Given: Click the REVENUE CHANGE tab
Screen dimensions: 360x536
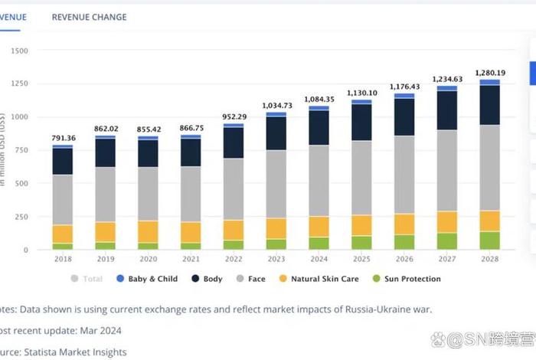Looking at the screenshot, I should (89, 17).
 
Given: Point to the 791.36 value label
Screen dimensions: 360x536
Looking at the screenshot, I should (63, 138).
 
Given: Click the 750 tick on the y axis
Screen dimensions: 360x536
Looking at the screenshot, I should (21, 151).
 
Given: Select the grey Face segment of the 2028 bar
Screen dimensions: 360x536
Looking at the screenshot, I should (489, 167).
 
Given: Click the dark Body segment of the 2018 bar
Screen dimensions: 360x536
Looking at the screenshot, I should (63, 161).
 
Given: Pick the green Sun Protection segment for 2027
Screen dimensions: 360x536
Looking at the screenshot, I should (446, 241).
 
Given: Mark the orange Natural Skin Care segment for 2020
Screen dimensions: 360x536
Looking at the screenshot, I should (148, 231).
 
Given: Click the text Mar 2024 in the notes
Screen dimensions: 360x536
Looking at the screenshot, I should (103, 330).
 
